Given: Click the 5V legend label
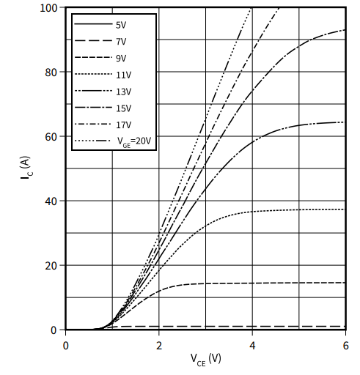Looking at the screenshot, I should (x=121, y=25).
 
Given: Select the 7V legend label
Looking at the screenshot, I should (x=121, y=42).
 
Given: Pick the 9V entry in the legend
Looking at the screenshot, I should (x=121, y=58).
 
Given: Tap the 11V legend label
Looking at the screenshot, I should (x=122, y=75).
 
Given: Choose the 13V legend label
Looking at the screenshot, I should (x=122, y=91).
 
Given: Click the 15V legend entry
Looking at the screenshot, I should (x=122, y=108).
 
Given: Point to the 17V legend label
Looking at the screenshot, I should (x=122, y=124).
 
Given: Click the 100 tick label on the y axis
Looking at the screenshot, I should (x=49, y=8).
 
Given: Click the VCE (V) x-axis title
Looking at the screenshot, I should (x=205, y=360).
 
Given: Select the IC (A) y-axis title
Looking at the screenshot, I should (x=24, y=169).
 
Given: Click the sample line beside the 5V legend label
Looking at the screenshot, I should (x=91, y=25).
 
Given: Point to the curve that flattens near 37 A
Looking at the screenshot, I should (x=293, y=210).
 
